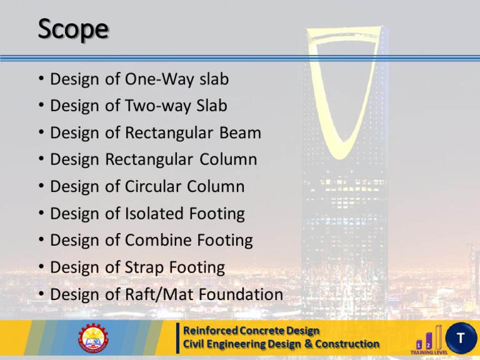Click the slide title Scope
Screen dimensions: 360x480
click(x=72, y=30)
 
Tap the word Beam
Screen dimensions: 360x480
click(x=241, y=133)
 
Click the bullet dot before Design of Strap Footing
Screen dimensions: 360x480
click(x=41, y=268)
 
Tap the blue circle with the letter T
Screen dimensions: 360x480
click(x=459, y=338)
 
